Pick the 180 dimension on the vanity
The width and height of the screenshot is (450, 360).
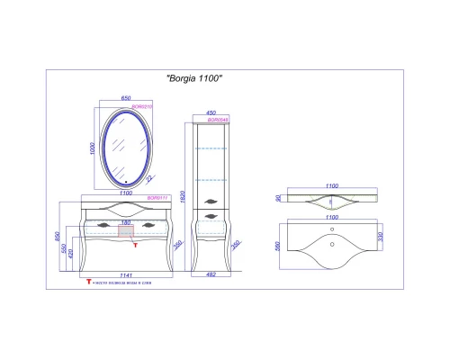point(125,221)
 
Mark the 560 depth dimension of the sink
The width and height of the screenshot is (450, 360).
point(278,245)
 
